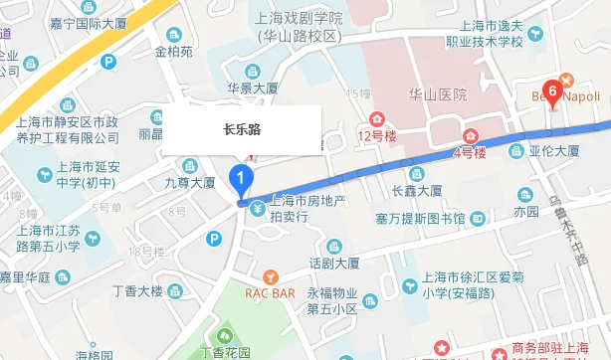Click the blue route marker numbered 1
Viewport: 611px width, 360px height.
240,180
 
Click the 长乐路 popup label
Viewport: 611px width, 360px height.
243,129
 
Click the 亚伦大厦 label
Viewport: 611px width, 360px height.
554,152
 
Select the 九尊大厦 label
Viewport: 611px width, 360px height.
190,183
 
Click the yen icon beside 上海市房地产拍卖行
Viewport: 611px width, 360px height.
258,209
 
